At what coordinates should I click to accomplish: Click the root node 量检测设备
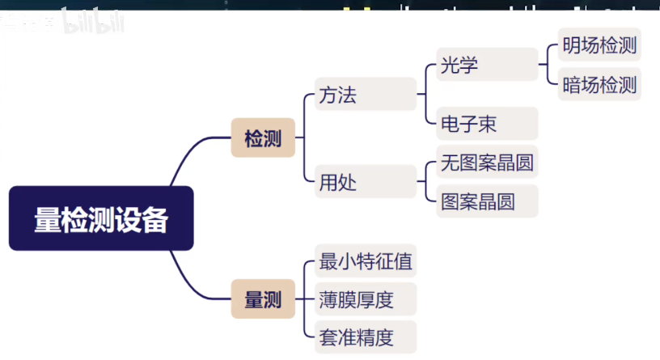[101, 218]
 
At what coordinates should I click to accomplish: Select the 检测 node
[263, 138]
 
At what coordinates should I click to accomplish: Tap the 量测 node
[263, 300]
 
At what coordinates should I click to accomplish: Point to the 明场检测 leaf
[599, 45]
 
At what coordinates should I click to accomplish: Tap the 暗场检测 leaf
[599, 84]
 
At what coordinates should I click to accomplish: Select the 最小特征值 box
[366, 261]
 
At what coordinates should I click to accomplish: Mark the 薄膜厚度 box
[366, 299]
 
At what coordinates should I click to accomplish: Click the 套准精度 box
[366, 337]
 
